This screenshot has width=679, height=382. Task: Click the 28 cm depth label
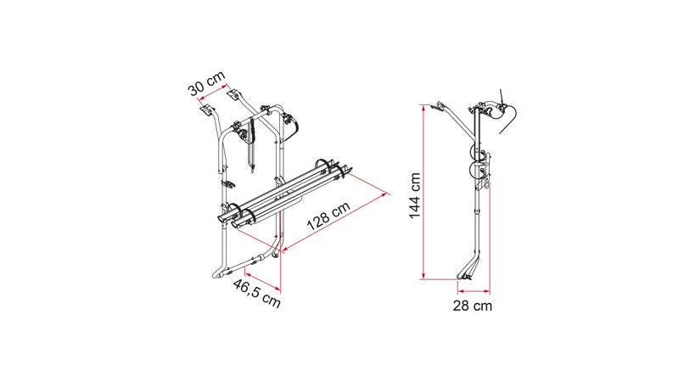pyautogui.click(x=473, y=306)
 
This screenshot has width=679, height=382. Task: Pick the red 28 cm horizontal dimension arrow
pyautogui.click(x=469, y=288)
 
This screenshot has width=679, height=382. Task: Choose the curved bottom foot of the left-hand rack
pyautogui.click(x=222, y=272)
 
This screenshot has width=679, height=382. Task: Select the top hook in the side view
pyautogui.click(x=440, y=108)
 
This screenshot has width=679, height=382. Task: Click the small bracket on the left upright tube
pyautogui.click(x=227, y=182)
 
